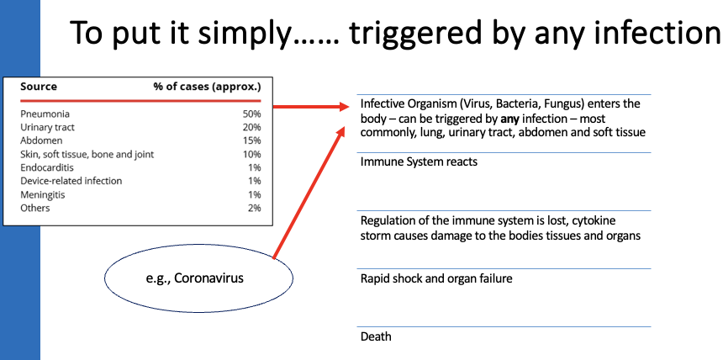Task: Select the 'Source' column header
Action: [39, 87]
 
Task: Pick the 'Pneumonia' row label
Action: [45, 114]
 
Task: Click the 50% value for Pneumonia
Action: [251, 114]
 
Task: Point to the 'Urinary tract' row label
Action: [48, 127]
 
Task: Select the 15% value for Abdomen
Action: [251, 140]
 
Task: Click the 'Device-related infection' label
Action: [71, 181]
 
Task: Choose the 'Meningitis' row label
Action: [44, 194]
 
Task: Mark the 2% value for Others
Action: [253, 208]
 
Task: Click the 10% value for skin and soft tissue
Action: [251, 154]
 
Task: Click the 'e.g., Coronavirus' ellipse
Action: [199, 278]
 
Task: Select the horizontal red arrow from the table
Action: [310, 107]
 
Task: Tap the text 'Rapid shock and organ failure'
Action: [436, 278]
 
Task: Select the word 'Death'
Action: [376, 336]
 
